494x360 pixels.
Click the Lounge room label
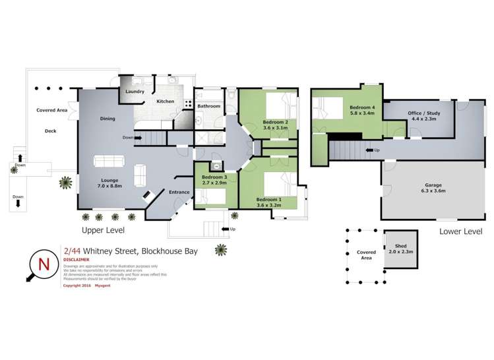(x=109, y=179)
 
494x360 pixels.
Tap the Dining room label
(x=108, y=119)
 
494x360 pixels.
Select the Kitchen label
(x=165, y=102)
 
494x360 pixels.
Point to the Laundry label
(x=135, y=92)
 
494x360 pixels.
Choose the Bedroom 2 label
(x=275, y=122)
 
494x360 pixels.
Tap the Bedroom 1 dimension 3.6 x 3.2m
(x=268, y=206)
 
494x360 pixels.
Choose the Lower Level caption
(x=460, y=231)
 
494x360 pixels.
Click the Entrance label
(x=179, y=192)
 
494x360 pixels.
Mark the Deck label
(x=50, y=131)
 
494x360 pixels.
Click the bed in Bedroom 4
(x=325, y=106)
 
